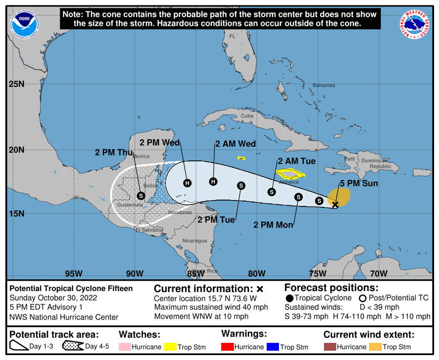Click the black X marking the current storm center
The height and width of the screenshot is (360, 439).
335,205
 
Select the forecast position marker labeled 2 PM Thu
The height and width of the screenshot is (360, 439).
141,195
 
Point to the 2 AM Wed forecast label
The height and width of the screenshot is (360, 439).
235,144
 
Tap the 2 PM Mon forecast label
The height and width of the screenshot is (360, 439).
273,225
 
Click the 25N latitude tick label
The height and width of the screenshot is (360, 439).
17,84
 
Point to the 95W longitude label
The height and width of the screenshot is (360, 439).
73,273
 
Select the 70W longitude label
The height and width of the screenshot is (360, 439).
377,273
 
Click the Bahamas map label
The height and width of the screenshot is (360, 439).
324,85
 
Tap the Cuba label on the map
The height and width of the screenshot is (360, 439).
247,116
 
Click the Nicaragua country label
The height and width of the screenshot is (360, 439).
194,241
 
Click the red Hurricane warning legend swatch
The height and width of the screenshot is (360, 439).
228,346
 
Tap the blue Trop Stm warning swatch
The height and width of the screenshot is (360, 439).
272,346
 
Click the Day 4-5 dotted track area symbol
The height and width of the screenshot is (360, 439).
72,346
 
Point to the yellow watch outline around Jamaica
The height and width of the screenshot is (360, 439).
291,173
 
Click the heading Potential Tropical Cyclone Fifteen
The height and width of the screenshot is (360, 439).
71,289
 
